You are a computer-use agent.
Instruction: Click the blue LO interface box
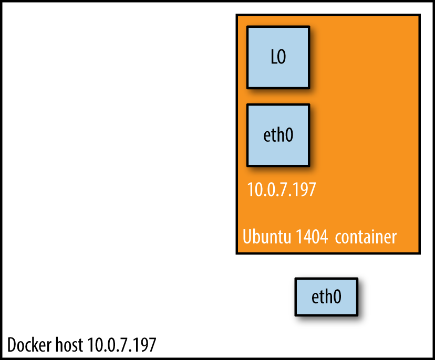click(x=278, y=57)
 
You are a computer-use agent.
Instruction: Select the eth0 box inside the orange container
click(x=278, y=135)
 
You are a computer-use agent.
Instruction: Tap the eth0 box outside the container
click(x=326, y=297)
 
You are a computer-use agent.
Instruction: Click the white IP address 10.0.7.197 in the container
click(x=282, y=189)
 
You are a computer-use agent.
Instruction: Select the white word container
click(x=366, y=236)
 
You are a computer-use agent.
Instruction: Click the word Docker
click(x=29, y=345)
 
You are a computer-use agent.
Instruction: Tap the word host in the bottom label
click(x=69, y=345)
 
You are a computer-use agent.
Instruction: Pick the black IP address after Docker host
click(x=121, y=345)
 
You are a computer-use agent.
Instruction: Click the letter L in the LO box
click(x=273, y=57)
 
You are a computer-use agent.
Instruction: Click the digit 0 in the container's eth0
click(x=288, y=135)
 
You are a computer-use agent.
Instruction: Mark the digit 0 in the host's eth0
click(x=337, y=297)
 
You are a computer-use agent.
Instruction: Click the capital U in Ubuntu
click(x=247, y=236)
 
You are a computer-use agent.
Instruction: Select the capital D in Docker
click(x=12, y=345)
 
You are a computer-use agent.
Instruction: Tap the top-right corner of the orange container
click(x=419, y=15)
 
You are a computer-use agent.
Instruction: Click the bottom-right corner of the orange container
click(x=419, y=253)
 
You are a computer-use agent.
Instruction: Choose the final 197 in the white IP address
click(x=306, y=189)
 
